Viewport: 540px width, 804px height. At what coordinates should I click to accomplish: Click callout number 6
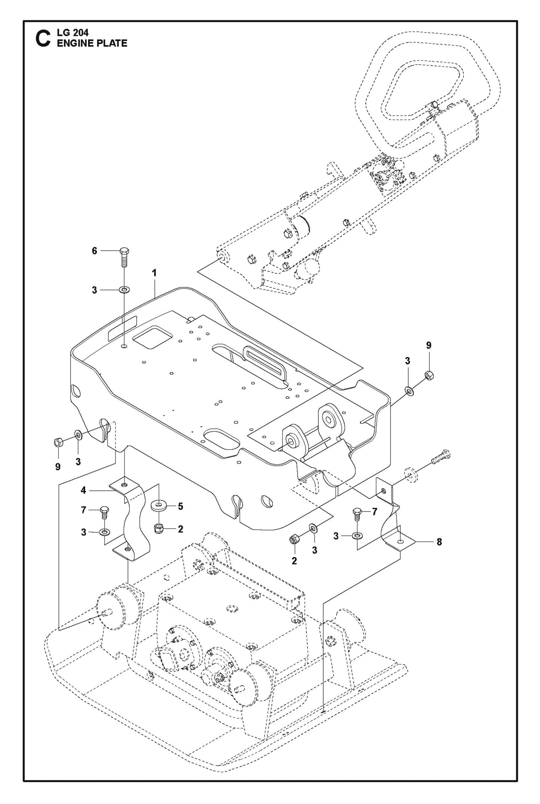[95, 251]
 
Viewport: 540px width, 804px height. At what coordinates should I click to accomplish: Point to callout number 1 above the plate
[154, 273]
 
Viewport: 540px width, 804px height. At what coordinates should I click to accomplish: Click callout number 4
[83, 490]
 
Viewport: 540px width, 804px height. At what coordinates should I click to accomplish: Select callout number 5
[180, 507]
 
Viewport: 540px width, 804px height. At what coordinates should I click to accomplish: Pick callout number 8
[439, 541]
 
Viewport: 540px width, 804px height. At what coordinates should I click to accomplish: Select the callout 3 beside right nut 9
[407, 361]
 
